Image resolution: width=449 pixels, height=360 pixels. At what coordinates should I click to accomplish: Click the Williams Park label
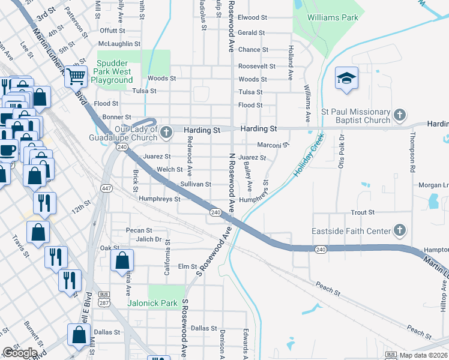point(333,18)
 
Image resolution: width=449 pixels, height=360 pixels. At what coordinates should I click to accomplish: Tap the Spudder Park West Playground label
point(112,71)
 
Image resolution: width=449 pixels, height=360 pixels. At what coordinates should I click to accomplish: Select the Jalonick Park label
point(152,303)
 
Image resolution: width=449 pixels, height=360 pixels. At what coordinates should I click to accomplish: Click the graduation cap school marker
point(346,79)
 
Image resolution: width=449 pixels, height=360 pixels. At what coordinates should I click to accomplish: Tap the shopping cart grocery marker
point(76,76)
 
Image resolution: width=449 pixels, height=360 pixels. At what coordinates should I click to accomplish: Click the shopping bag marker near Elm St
point(122,261)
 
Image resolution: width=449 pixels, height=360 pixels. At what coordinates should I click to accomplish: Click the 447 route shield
point(107,188)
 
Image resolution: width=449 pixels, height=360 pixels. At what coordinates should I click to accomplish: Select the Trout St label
point(363,212)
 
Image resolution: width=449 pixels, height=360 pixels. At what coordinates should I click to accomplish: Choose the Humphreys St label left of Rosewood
point(159,199)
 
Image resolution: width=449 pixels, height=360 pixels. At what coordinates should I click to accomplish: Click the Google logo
point(20,353)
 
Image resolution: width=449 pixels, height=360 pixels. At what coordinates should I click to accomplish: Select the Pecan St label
point(139,230)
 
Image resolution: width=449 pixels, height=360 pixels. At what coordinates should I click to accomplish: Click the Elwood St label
point(253,18)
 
